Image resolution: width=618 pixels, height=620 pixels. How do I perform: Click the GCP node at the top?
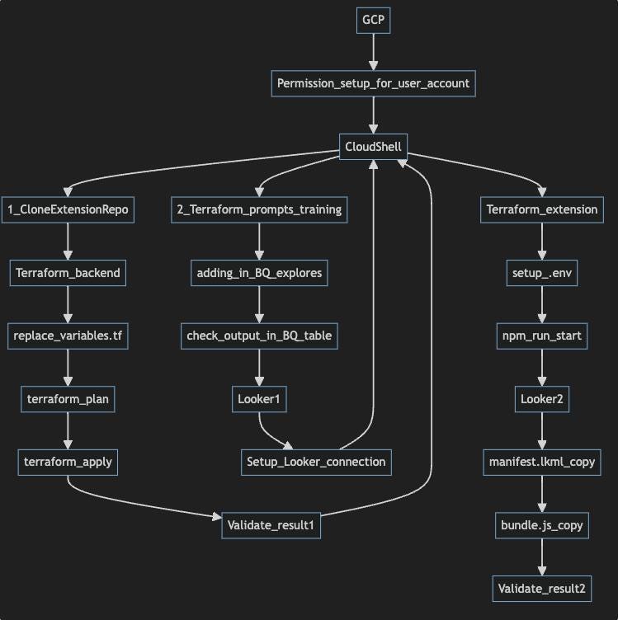(x=374, y=20)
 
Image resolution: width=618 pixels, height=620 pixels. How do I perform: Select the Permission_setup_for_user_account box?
(x=374, y=83)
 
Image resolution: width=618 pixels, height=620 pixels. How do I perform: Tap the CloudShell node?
(x=374, y=147)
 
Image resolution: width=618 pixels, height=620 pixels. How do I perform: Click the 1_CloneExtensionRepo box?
(x=68, y=209)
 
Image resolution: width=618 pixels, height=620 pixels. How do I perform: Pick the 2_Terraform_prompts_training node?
(x=260, y=209)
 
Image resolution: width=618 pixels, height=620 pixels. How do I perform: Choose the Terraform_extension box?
(x=541, y=209)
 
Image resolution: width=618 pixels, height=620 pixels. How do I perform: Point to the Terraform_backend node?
(x=68, y=273)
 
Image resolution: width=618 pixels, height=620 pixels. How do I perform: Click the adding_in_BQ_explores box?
(x=260, y=273)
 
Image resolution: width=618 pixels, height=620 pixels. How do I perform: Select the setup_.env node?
(x=541, y=273)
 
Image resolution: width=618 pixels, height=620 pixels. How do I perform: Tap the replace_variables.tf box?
(x=68, y=336)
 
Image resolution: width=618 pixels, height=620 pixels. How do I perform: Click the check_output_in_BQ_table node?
(x=260, y=336)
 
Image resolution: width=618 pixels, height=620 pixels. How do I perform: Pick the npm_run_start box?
(x=541, y=336)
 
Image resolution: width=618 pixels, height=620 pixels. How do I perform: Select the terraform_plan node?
(x=68, y=399)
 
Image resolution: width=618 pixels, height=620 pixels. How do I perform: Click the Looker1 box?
(x=260, y=399)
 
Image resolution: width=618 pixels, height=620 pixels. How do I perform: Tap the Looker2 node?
(x=541, y=399)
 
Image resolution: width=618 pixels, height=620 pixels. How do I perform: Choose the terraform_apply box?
(x=68, y=462)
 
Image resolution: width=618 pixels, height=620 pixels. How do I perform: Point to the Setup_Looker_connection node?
(x=316, y=462)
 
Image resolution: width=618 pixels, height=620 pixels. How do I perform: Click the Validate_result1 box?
(x=271, y=525)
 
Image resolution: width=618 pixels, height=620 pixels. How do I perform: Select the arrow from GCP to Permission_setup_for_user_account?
(x=374, y=52)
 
